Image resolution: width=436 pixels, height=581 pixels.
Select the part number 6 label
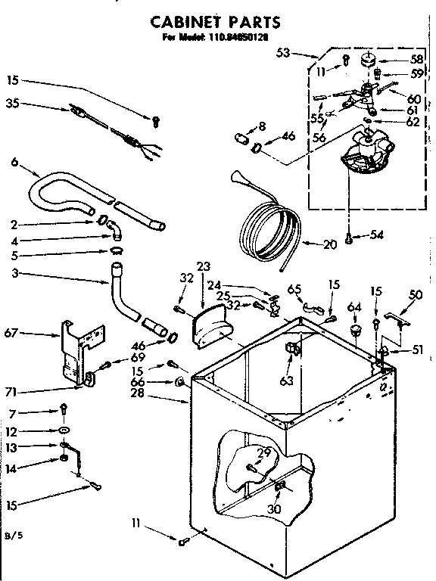tap(14, 161)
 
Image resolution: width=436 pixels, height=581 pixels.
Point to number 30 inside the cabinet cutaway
tap(274, 509)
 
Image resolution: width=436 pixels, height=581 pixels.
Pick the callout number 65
tap(294, 288)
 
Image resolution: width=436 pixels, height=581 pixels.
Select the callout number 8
tap(262, 125)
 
